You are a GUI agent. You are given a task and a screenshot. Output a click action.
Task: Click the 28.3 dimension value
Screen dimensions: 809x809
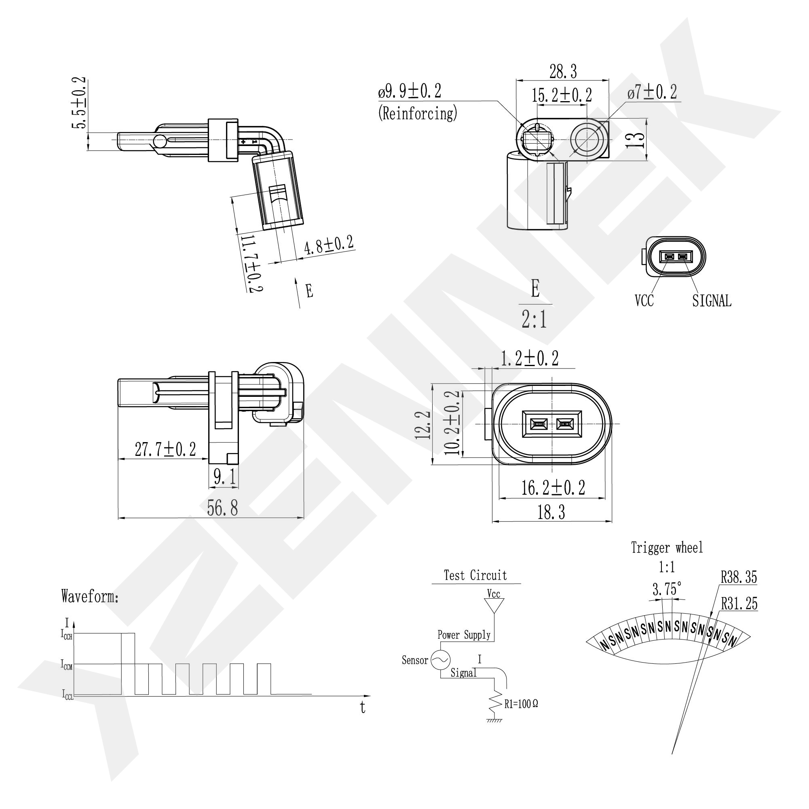click(x=563, y=71)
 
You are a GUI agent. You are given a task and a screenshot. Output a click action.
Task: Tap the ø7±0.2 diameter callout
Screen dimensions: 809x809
click(x=652, y=92)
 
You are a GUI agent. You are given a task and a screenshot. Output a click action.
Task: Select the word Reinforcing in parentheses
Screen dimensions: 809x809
click(x=418, y=113)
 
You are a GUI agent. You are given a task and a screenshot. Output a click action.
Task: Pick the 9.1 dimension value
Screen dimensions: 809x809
click(x=225, y=477)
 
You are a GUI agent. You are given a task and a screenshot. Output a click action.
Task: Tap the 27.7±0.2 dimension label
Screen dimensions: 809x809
click(x=165, y=449)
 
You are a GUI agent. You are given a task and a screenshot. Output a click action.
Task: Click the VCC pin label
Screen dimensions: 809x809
click(x=644, y=301)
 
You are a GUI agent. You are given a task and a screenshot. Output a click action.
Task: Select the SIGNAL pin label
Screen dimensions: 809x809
click(x=712, y=301)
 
